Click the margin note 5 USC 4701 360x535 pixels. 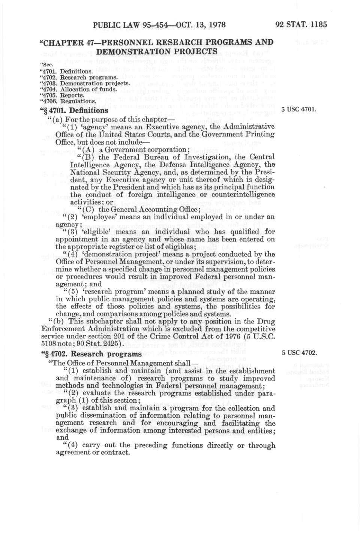(299, 110)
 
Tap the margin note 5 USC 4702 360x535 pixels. (299, 353)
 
